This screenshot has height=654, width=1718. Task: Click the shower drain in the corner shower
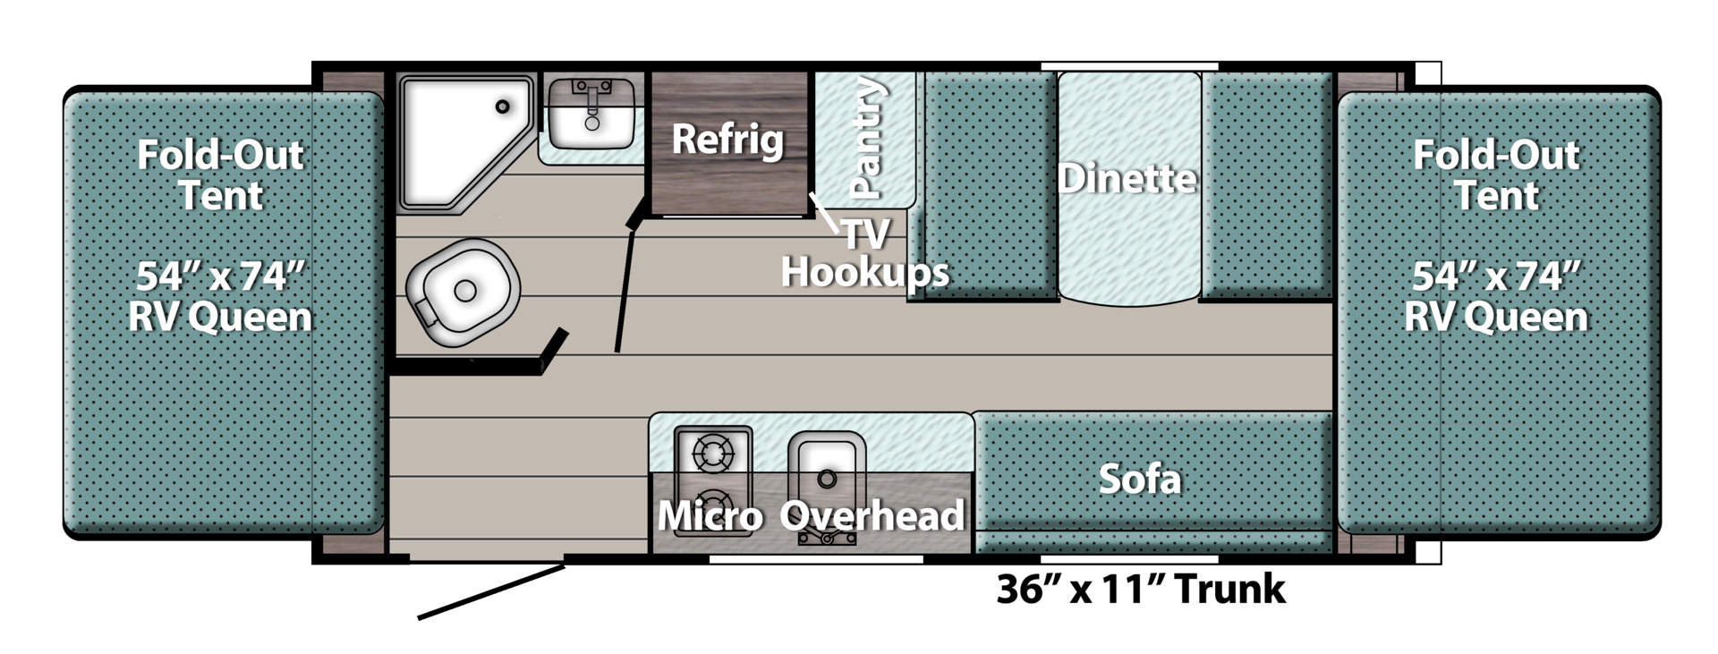click(x=503, y=106)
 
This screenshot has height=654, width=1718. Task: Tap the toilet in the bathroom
click(x=463, y=292)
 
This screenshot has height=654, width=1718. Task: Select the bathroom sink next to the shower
click(x=591, y=115)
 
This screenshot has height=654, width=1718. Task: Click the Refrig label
click(x=727, y=140)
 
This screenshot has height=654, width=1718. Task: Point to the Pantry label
click(x=866, y=138)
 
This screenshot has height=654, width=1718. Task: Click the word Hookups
click(x=864, y=271)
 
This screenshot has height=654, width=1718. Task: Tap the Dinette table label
click(x=1127, y=179)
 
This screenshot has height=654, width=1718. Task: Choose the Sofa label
click(x=1140, y=480)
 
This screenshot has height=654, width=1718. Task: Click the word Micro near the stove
click(x=710, y=516)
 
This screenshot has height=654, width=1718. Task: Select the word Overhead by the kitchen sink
click(x=872, y=516)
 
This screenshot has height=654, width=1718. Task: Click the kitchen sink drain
click(x=827, y=479)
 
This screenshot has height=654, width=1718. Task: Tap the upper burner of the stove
click(x=712, y=454)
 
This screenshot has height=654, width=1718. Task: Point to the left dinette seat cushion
click(x=989, y=183)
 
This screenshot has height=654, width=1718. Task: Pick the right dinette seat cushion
click(x=1267, y=183)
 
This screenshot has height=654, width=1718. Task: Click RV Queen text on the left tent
click(x=220, y=317)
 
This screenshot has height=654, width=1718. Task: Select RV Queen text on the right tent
click(x=1496, y=317)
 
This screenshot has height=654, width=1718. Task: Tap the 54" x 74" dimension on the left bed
click(x=220, y=276)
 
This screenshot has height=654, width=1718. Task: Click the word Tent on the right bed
click(x=1496, y=196)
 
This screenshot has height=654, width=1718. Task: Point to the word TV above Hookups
click(x=866, y=234)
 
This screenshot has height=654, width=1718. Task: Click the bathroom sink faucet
click(x=591, y=92)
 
